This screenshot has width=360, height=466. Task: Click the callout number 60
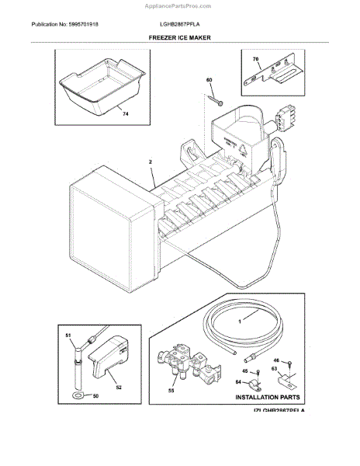(209, 81)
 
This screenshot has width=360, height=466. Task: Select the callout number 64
(237, 381)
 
